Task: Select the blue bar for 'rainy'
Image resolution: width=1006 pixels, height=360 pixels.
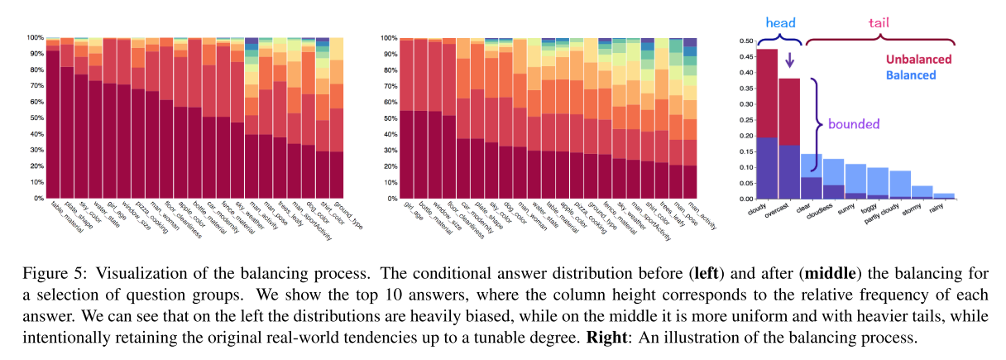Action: (x=944, y=195)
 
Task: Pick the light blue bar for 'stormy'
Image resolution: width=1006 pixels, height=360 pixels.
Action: (x=922, y=192)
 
